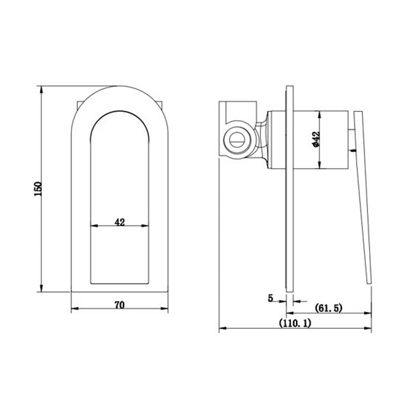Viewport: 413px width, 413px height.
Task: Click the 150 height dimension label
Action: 38,188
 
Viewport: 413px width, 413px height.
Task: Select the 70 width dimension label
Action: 120,305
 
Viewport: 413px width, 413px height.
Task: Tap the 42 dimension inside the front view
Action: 120,222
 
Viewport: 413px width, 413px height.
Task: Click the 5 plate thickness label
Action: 271,298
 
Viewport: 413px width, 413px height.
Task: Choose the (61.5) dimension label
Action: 329,308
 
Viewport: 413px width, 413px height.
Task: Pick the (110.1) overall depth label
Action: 295,323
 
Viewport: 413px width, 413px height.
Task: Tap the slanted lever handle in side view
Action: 363,198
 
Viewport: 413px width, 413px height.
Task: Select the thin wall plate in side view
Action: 290,189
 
